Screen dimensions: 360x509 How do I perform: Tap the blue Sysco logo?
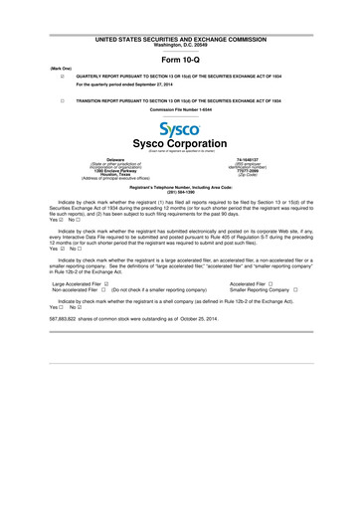181,130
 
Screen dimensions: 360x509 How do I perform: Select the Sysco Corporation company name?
181,143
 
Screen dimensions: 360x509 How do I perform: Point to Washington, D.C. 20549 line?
181,44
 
